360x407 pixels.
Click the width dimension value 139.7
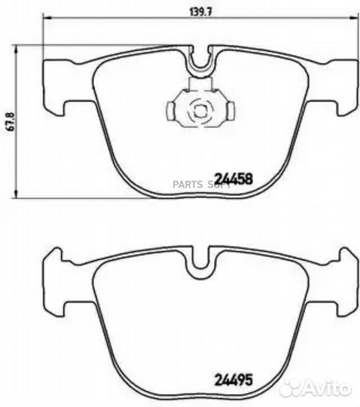click(200, 11)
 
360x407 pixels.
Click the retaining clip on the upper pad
click(197, 110)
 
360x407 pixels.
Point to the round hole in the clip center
click(199, 111)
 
